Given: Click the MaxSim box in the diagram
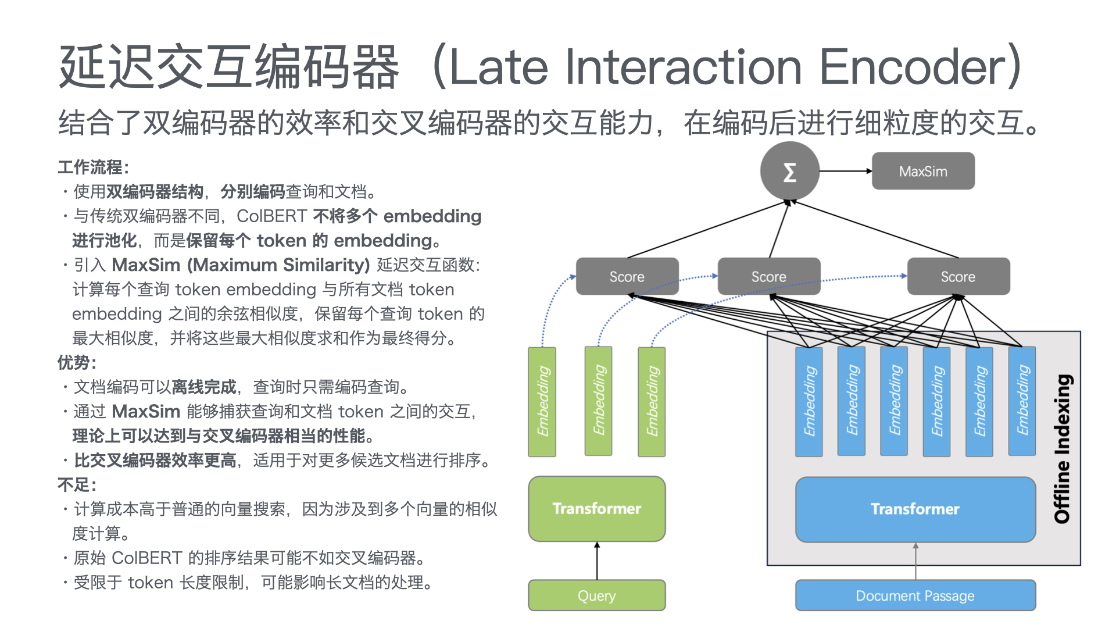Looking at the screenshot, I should pos(922,171).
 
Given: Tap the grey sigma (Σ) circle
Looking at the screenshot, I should pos(789,172).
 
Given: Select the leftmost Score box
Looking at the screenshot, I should pos(627,277).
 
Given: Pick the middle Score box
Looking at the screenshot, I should pos(768,277).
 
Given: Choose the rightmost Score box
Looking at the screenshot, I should pos(958,277).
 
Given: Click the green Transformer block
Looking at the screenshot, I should pos(596,509).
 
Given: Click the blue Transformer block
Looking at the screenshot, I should pos(915,509).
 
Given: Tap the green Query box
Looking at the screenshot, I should pos(596,595).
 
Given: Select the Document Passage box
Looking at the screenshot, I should pos(915,595).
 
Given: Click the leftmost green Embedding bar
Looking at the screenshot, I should pos(542,401).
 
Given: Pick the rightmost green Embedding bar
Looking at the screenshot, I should pos(652,401).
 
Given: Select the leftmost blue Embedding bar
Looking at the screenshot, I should pos(809,401).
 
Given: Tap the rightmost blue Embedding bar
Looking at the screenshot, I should pos(1022,401).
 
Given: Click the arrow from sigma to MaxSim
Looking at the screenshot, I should pos(846,171).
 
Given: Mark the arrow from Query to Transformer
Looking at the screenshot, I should pos(597,561).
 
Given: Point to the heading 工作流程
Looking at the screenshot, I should pos(92,167).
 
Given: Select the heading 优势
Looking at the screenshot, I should pos(76,363).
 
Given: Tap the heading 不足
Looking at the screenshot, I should pos(76,485).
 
